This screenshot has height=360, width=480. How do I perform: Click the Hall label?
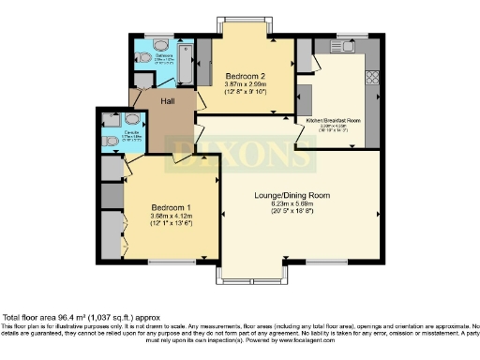pyautogui.click(x=169, y=100)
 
